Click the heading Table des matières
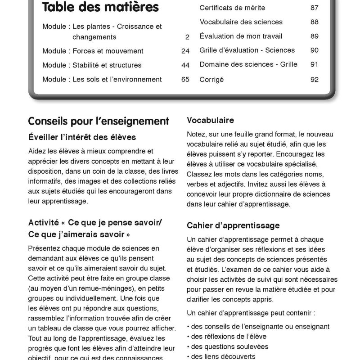100,8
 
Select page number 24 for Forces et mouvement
185,51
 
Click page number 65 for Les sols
185,79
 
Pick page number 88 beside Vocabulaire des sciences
314,22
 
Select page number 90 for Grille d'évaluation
314,50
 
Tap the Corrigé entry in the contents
211,80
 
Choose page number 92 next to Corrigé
314,80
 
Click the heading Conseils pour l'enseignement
99,121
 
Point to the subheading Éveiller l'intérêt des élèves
82,137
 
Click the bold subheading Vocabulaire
210,120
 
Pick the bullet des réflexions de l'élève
228,336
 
